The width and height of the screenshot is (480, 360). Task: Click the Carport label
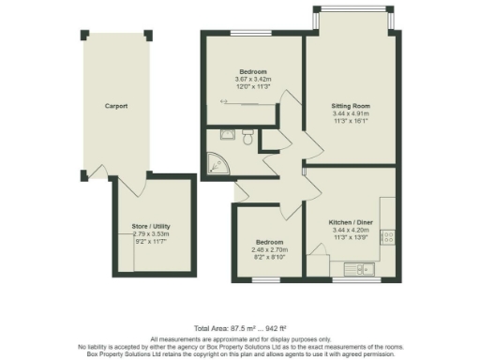116,106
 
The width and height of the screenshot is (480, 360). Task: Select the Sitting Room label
352,106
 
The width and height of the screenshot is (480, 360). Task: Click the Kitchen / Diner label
352,222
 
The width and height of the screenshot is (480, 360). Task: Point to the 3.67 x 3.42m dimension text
252,80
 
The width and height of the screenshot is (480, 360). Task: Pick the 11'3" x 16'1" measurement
352,121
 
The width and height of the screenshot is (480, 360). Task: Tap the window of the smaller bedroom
269,277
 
